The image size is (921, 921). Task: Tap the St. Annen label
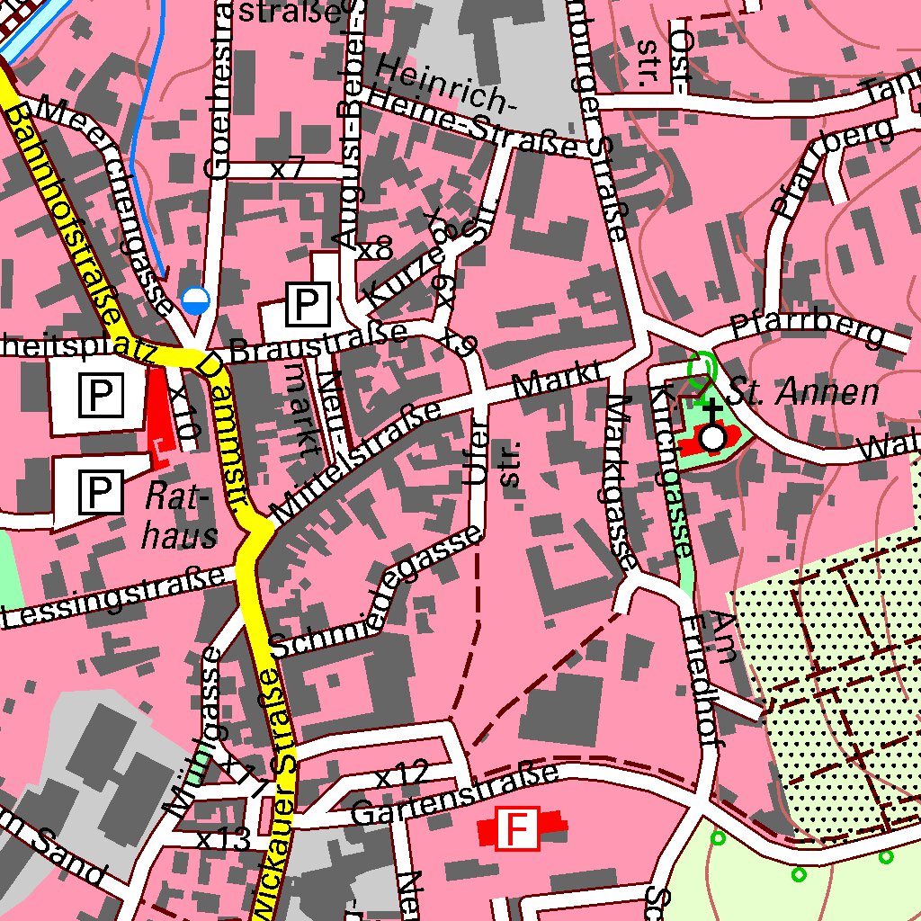pyautogui.click(x=802, y=393)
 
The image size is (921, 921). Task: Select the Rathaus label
pyautogui.click(x=179, y=515)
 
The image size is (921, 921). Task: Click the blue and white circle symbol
pyautogui.click(x=195, y=300)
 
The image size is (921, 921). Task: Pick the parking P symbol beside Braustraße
pyautogui.click(x=308, y=305)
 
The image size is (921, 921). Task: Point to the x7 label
pyautogui.click(x=288, y=168)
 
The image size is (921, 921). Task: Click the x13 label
pyautogui.click(x=223, y=841)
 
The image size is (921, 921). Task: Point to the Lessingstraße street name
pyautogui.click(x=112, y=597)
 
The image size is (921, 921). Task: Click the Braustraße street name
pyautogui.click(x=317, y=343)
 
